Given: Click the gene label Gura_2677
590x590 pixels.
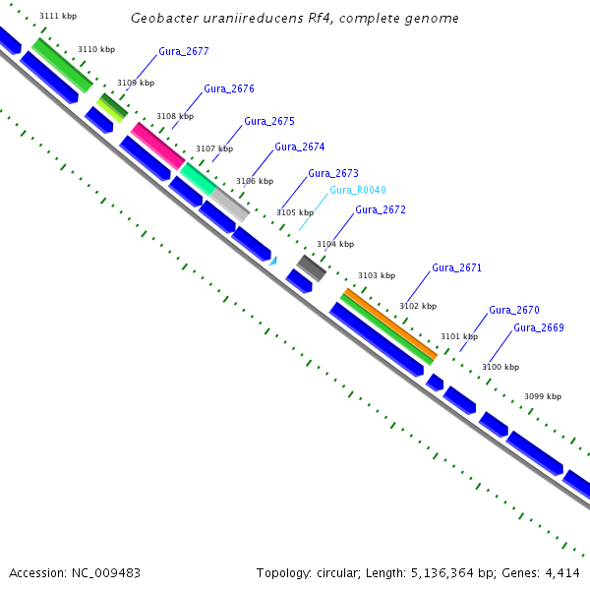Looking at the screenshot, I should (x=183, y=51).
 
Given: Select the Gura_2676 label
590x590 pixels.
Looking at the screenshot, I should (x=229, y=88).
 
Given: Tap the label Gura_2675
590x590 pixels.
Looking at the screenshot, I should (x=269, y=121).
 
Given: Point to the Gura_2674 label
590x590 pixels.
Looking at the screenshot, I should (x=300, y=147).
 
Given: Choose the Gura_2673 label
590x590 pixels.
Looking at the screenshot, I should (x=333, y=173).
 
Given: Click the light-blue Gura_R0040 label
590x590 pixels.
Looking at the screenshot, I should (x=358, y=190).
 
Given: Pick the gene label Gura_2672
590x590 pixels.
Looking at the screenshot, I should (x=381, y=209).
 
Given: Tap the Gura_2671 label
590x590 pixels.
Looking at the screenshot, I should (x=457, y=267).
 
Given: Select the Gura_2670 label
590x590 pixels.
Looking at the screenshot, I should (x=513, y=310).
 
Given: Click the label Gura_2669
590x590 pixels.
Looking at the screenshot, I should (x=538, y=327).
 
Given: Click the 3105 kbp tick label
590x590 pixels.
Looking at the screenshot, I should (x=294, y=212).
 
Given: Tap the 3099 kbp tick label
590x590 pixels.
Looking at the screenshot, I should (x=542, y=396).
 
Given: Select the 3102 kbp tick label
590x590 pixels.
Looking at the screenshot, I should (x=418, y=306).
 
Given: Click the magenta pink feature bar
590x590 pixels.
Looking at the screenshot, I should (x=157, y=145).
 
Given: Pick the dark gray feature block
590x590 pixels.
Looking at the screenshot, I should (x=312, y=266).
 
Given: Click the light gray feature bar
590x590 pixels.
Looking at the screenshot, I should (x=230, y=204).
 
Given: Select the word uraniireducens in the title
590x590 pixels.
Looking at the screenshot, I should (x=234, y=19).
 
